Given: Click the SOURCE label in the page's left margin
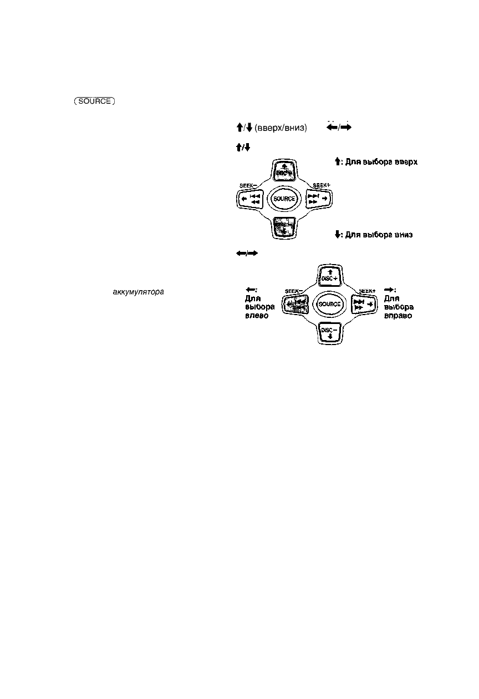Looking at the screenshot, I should pyautogui.click(x=93, y=102).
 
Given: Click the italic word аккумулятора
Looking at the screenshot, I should pyautogui.click(x=138, y=291).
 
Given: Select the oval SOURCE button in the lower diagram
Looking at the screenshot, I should pyautogui.click(x=330, y=305).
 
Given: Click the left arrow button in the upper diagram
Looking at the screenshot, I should pyautogui.click(x=251, y=199).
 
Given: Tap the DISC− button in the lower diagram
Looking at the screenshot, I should pyautogui.click(x=330, y=332).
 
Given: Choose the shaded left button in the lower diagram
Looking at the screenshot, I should pyautogui.click(x=298, y=305).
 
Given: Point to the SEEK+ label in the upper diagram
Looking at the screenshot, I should pyautogui.click(x=322, y=185).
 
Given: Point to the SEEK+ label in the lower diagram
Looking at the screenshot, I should pyautogui.click(x=366, y=291).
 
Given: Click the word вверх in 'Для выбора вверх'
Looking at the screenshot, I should pyautogui.click(x=404, y=162).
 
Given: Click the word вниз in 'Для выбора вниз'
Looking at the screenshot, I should pyautogui.click(x=404, y=235).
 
